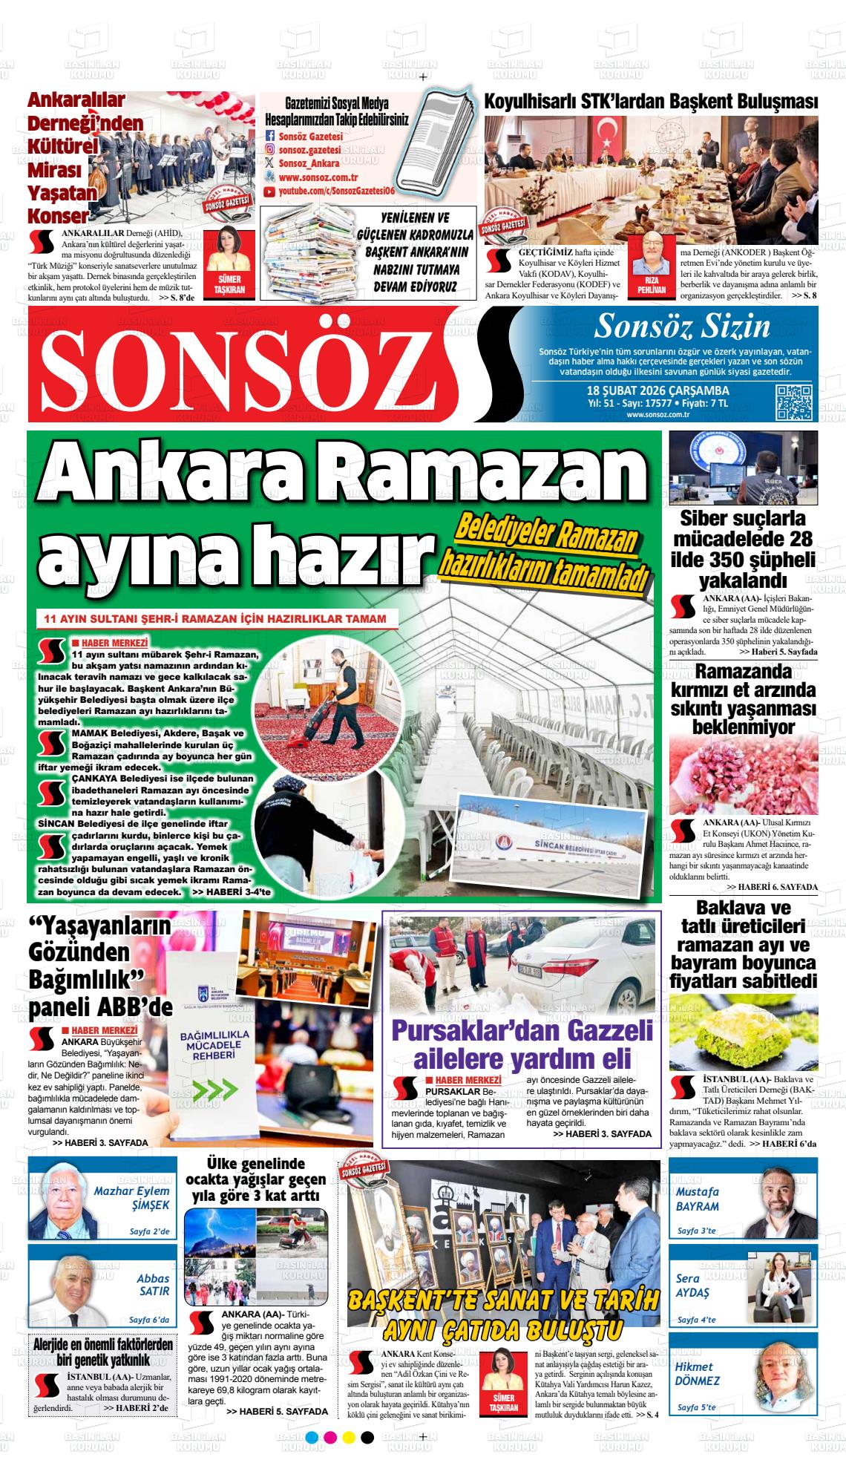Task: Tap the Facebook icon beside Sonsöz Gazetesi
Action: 270,137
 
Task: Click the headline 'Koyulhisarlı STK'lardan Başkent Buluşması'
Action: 651,102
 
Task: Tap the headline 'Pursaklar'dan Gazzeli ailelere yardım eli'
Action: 522,1044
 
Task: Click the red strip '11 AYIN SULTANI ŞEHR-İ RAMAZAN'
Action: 214,618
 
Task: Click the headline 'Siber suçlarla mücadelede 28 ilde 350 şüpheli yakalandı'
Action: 743,549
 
